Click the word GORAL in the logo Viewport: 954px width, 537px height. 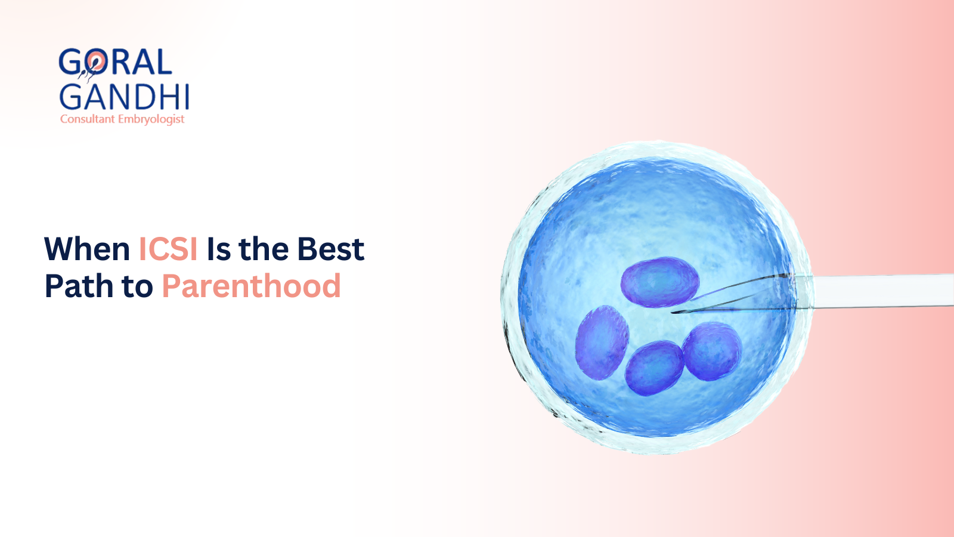pyautogui.click(x=115, y=62)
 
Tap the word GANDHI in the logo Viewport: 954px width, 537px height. pyautogui.click(x=124, y=97)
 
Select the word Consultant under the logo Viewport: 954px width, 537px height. pyautogui.click(x=87, y=119)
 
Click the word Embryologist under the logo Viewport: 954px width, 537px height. pyautogui.click(x=151, y=119)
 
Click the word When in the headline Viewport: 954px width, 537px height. pyautogui.click(x=87, y=249)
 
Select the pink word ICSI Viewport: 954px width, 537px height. pyautogui.click(x=168, y=249)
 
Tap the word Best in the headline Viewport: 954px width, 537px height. pyautogui.click(x=331, y=249)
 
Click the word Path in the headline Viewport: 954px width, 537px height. pyautogui.click(x=79, y=286)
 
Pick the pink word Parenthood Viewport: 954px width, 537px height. pyautogui.click(x=251, y=286)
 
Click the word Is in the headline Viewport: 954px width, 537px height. pyautogui.click(x=218, y=249)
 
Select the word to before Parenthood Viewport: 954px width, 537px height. pyautogui.click(x=138, y=287)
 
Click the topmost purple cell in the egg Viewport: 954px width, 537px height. pyautogui.click(x=659, y=282)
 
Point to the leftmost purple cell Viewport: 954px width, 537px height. pyautogui.click(x=602, y=342)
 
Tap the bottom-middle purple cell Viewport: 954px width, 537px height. pyautogui.click(x=654, y=368)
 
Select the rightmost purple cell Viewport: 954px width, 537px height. pyautogui.click(x=712, y=351)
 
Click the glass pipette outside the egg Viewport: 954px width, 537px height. pyautogui.click(x=882, y=291)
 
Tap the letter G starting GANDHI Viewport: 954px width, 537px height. pyautogui.click(x=72, y=97)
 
